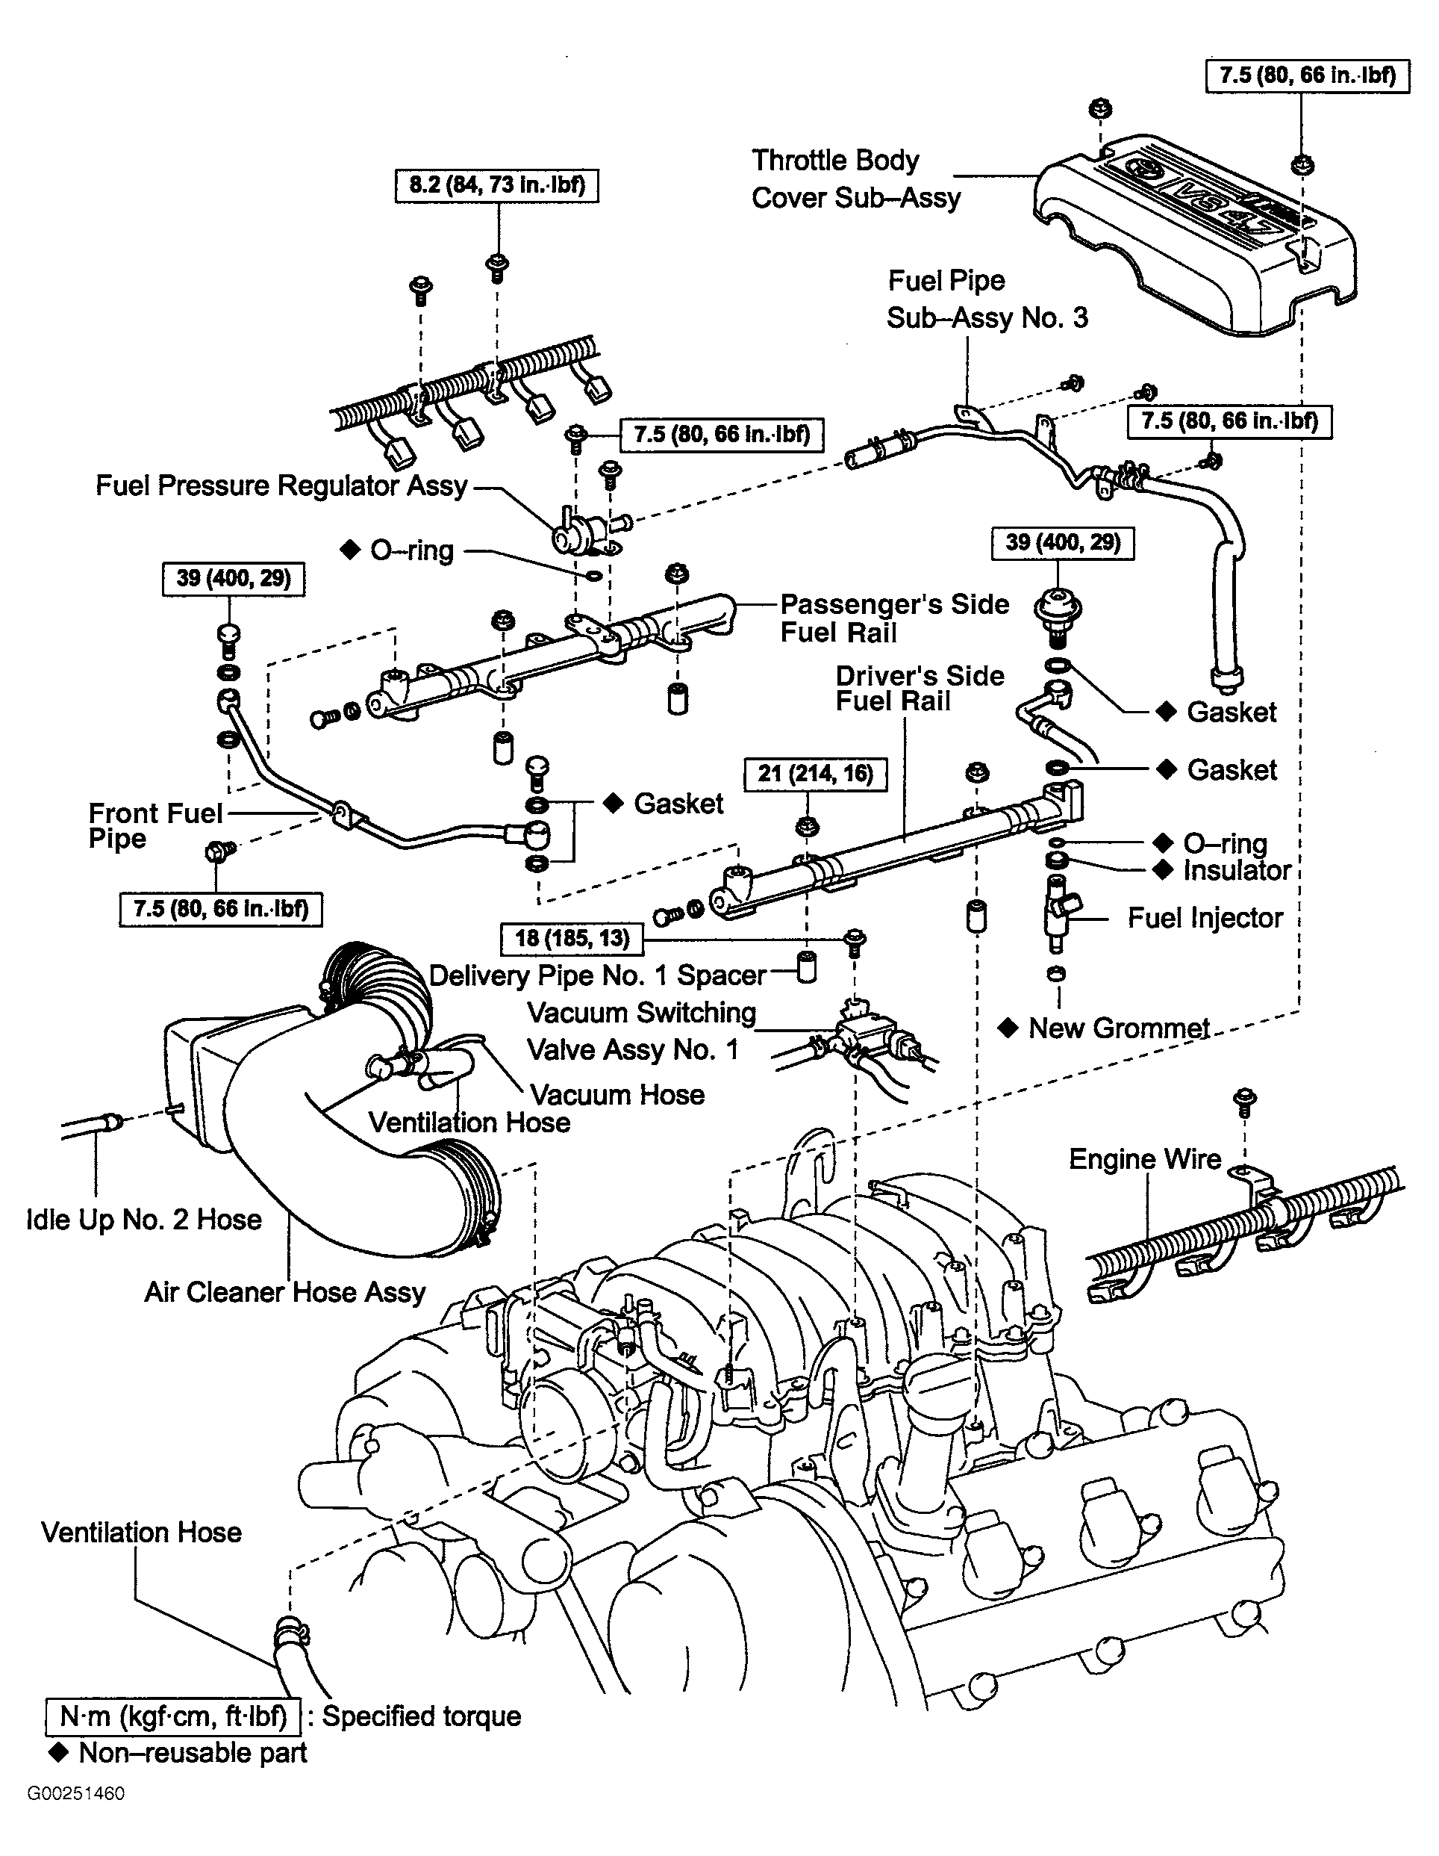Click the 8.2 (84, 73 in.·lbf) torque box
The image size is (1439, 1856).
tap(497, 185)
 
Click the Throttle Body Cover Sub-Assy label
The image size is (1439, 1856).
tap(856, 179)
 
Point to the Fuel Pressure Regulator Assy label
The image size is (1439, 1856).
tap(282, 485)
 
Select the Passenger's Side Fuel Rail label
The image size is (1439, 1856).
tap(894, 618)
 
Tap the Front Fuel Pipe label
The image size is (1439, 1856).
tap(155, 826)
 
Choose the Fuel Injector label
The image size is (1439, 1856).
tap(1205, 918)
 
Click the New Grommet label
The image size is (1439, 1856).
tap(1119, 1028)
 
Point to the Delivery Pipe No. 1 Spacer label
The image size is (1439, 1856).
tap(598, 975)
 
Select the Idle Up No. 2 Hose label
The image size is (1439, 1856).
tap(143, 1220)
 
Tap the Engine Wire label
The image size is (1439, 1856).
tap(1145, 1159)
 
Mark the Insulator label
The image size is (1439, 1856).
tap(1237, 870)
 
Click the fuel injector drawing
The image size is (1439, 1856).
tap(1058, 913)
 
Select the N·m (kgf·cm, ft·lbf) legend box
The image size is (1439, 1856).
tap(172, 1718)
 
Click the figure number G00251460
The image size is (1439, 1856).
tap(75, 1794)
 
